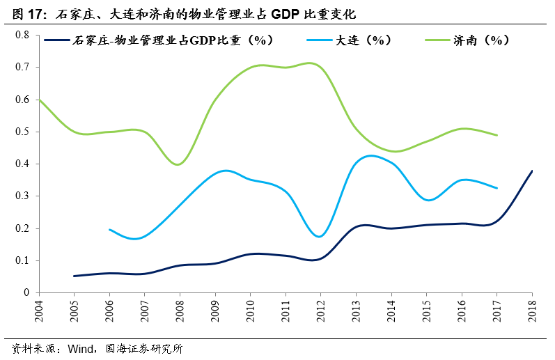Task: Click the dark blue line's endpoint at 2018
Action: pyautogui.click(x=532, y=171)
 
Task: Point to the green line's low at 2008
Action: pyautogui.click(x=179, y=164)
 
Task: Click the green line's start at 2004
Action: pyautogui.click(x=40, y=100)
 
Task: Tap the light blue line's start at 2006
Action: pyautogui.click(x=110, y=229)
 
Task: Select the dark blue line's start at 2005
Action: pyautogui.click(x=75, y=276)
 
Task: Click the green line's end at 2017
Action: pyautogui.click(x=497, y=135)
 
